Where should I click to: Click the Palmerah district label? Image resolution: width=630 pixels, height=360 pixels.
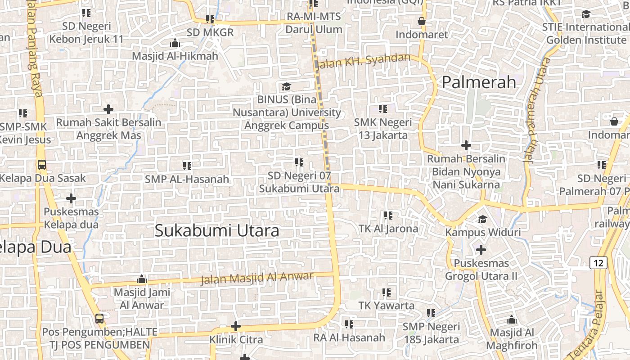click(x=479, y=82)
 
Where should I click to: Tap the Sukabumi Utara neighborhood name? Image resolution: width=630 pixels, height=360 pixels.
click(x=217, y=230)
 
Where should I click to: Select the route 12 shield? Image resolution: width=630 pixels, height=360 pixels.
click(x=598, y=263)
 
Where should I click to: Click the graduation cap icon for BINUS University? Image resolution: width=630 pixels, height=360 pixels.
click(x=286, y=86)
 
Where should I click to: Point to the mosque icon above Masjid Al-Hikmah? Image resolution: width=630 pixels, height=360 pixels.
click(x=175, y=43)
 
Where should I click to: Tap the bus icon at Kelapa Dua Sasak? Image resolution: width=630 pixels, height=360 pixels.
click(x=42, y=165)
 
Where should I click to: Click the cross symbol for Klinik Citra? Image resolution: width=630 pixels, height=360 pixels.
click(x=236, y=326)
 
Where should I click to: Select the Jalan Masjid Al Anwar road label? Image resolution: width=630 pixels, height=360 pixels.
click(x=256, y=278)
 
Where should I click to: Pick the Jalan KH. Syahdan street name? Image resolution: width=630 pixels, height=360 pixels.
click(x=364, y=61)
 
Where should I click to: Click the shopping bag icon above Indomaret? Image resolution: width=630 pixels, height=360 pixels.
click(x=422, y=21)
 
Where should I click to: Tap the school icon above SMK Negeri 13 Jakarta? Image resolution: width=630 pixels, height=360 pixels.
click(x=383, y=109)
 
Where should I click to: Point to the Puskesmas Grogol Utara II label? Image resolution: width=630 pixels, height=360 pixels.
click(x=481, y=270)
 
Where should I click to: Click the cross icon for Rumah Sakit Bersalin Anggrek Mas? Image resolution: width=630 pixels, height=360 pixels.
click(x=108, y=109)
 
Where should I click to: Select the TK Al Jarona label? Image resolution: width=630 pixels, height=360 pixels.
click(x=388, y=229)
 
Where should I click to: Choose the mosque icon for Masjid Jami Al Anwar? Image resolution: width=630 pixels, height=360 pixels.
click(x=142, y=279)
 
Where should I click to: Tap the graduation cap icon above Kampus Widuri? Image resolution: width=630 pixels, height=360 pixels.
click(x=483, y=220)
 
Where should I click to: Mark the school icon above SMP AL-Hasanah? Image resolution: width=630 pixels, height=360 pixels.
click(x=187, y=166)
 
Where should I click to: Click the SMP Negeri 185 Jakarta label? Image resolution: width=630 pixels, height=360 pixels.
click(x=431, y=333)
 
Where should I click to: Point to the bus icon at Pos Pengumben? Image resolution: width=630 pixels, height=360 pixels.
click(x=99, y=319)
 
